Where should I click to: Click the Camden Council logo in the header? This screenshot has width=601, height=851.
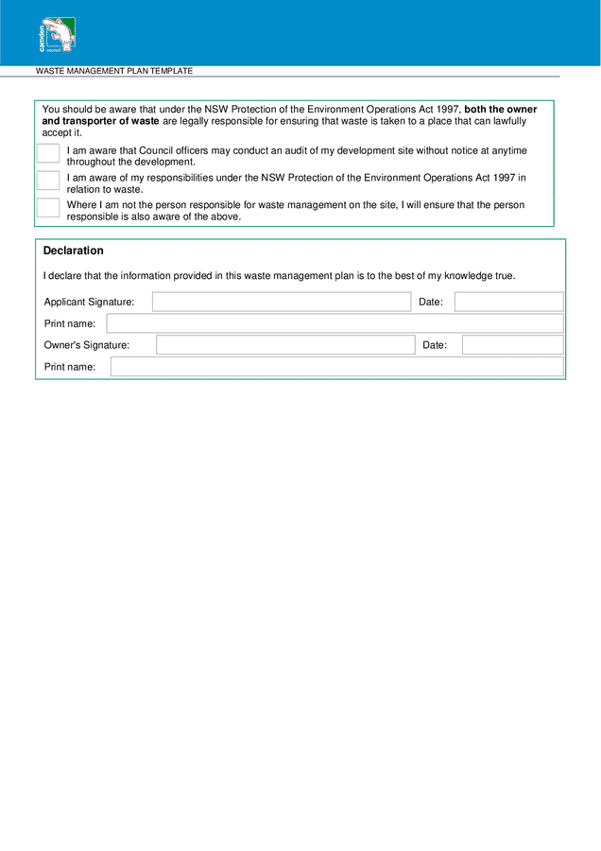pos(57,35)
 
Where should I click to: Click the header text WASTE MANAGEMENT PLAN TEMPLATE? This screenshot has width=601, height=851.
pos(114,71)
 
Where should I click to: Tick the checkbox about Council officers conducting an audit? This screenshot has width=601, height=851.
pos(48,153)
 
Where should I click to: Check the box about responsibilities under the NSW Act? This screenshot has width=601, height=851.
pos(48,181)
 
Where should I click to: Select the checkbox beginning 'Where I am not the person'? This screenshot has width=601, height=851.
pos(48,207)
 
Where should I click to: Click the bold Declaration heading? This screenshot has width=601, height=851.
pos(74,251)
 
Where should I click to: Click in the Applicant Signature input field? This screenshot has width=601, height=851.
pos(281,302)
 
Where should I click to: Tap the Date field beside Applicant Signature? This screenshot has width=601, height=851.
pos(508,302)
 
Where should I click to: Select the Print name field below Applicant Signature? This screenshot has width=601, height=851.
pos(335,323)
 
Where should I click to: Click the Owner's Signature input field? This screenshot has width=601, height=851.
pos(285,345)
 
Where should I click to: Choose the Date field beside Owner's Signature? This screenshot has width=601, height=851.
pos(512,345)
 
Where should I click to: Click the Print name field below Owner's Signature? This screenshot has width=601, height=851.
pos(336,367)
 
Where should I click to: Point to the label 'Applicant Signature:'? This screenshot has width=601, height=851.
pos(89,302)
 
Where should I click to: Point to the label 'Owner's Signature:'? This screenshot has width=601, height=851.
pos(87,345)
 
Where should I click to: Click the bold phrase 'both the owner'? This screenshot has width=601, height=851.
pos(501,110)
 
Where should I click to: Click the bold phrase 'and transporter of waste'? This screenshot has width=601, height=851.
pos(100,121)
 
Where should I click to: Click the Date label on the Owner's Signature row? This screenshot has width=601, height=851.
pos(435,345)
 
